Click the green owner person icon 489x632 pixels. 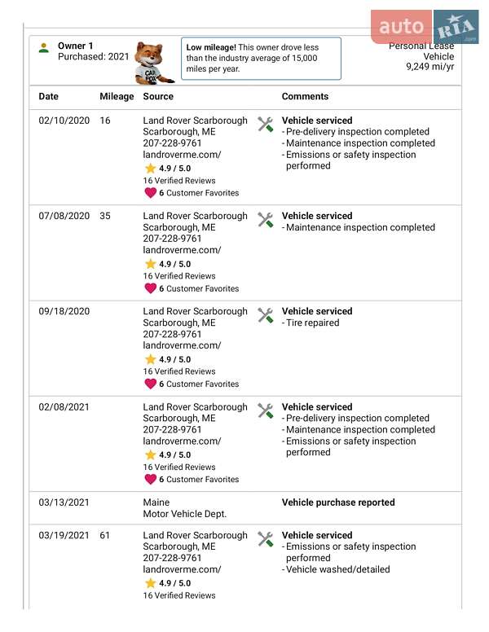44,48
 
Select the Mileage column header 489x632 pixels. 117,96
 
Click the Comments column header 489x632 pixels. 305,96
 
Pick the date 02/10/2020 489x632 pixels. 64,121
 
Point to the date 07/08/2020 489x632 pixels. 64,216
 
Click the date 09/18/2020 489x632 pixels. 64,311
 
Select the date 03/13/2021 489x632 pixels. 64,503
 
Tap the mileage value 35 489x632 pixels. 105,216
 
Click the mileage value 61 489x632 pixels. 105,535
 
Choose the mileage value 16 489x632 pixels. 105,121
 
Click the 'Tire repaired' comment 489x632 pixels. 312,323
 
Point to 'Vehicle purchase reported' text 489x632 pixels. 338,503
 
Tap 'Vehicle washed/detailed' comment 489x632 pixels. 337,569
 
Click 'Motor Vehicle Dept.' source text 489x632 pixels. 185,514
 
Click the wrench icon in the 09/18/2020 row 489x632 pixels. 265,315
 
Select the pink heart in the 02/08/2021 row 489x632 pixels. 150,479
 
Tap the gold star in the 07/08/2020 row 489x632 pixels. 150,264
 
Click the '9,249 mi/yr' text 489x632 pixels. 430,67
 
